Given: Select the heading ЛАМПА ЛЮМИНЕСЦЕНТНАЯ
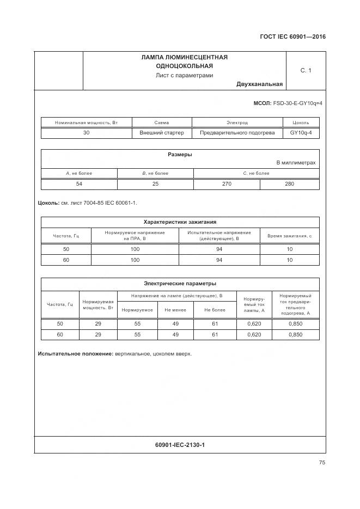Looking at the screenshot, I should click(x=184, y=57).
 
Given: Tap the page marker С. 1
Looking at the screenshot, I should click(x=306, y=70).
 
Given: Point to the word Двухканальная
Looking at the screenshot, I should click(x=259, y=84).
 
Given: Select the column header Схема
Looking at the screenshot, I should click(x=162, y=123).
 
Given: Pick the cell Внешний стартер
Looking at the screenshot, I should click(x=162, y=133).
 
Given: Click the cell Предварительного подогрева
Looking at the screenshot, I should click(x=237, y=133).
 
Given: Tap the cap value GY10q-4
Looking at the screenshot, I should click(x=301, y=133).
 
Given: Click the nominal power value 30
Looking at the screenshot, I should click(x=86, y=133).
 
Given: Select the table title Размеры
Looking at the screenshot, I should click(x=180, y=155).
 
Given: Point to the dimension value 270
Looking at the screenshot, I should click(x=227, y=184).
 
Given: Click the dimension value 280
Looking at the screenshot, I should click(x=289, y=184).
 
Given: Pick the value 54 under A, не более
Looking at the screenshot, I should click(x=79, y=184).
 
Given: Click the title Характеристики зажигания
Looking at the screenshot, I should click(x=180, y=222).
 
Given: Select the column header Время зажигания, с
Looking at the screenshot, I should click(x=289, y=236).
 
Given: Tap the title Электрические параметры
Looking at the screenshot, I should click(x=180, y=284).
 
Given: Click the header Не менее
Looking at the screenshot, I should click(x=175, y=310).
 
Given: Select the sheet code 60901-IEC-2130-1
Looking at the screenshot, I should click(x=180, y=445).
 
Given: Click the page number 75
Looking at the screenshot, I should click(x=322, y=463).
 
